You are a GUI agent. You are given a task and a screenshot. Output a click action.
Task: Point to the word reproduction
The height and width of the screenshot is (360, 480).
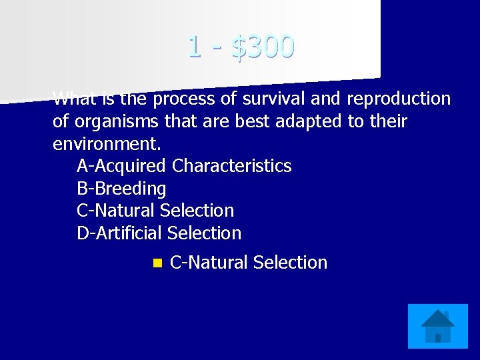point(399,99)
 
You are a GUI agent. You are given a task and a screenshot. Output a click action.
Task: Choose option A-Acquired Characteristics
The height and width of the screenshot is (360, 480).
point(184,166)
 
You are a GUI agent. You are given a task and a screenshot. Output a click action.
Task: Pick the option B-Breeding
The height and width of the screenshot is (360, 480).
point(121,189)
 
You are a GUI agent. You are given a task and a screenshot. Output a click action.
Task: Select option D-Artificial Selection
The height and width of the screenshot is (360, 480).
point(159,233)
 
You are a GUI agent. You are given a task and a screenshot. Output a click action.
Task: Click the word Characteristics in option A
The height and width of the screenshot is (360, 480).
point(231,166)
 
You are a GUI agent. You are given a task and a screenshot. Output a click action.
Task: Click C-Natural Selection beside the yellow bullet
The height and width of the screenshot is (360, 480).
point(249,263)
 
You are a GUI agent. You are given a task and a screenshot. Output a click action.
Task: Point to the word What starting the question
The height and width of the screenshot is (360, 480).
point(74,100)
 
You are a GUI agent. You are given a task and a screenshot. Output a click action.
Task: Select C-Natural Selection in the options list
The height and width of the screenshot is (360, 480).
point(155,211)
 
